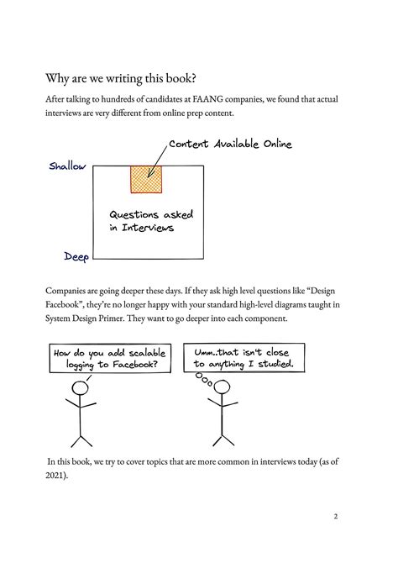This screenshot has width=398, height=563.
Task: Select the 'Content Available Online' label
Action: tap(230, 145)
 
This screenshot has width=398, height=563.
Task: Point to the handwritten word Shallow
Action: tap(67, 166)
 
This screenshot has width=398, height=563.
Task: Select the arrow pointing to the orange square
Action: tap(157, 161)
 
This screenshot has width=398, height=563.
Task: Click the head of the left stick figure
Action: tap(81, 389)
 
